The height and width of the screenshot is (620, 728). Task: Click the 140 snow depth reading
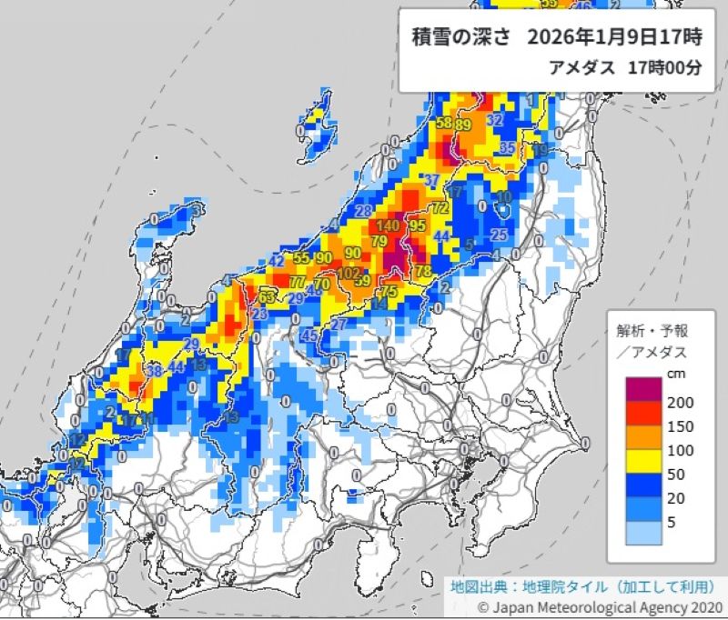(x=388, y=225)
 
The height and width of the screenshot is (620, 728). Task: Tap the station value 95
(x=418, y=225)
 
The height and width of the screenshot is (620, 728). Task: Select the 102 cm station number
(x=348, y=272)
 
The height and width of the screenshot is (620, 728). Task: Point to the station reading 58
(x=444, y=124)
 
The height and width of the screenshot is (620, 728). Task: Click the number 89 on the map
(x=463, y=125)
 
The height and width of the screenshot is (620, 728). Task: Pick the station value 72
(x=440, y=208)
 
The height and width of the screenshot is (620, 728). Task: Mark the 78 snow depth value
(x=422, y=271)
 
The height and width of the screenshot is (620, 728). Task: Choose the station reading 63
(x=267, y=296)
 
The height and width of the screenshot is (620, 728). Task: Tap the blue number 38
(x=154, y=370)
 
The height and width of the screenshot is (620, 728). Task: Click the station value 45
(x=308, y=335)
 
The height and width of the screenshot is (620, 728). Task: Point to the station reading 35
(x=508, y=147)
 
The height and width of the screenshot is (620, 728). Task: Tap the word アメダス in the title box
(x=584, y=68)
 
